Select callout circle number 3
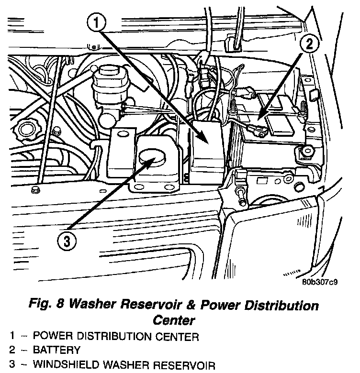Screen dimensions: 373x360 tap(67, 241)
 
